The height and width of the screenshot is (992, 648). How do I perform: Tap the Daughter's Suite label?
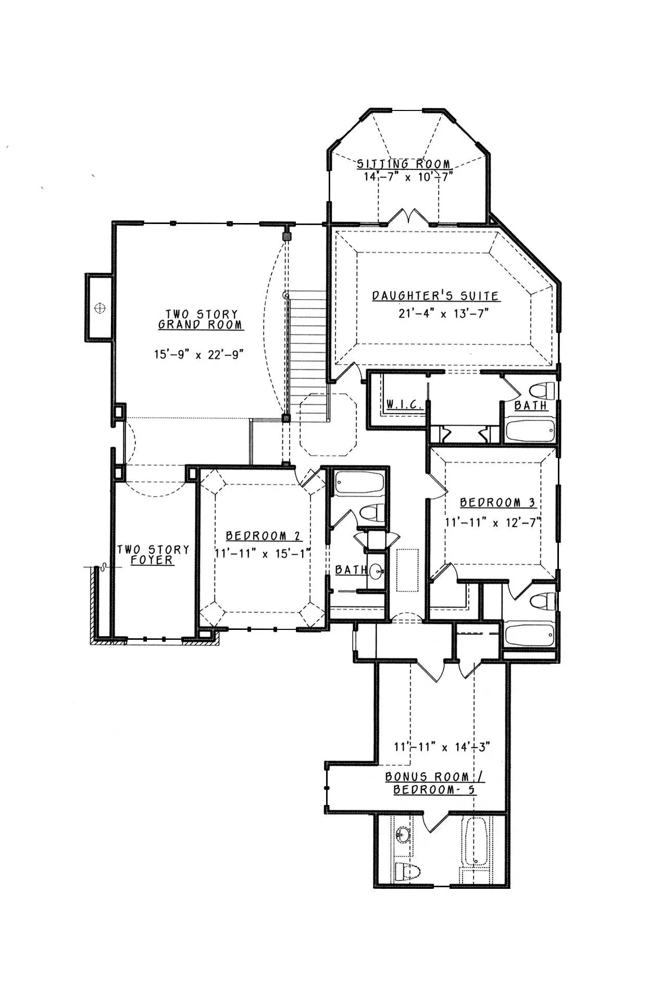click(x=435, y=296)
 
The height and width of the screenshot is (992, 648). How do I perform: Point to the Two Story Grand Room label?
click(x=201, y=319)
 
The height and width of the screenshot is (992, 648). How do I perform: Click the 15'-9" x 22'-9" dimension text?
click(x=199, y=354)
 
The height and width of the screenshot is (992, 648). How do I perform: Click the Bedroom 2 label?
click(x=263, y=536)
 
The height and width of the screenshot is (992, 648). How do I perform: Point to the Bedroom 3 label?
click(x=497, y=503)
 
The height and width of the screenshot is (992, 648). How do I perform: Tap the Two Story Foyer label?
click(x=153, y=555)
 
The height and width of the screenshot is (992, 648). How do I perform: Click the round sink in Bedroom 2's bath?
click(x=377, y=573)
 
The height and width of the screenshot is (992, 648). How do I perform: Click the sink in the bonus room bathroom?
click(x=402, y=835)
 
